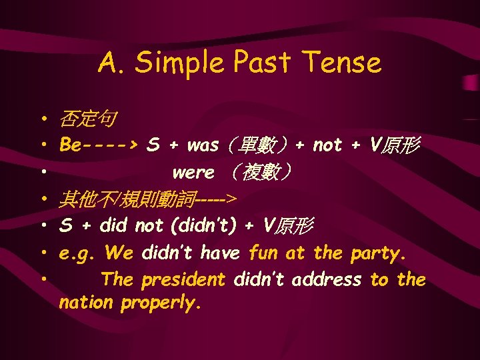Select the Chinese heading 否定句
(87, 120)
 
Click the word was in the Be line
(203, 145)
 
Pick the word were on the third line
(193, 173)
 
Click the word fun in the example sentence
(264, 253)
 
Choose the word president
(183, 280)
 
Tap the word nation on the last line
(86, 303)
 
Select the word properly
(161, 303)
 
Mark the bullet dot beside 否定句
(41, 120)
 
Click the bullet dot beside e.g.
(41, 253)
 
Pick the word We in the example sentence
(119, 253)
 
